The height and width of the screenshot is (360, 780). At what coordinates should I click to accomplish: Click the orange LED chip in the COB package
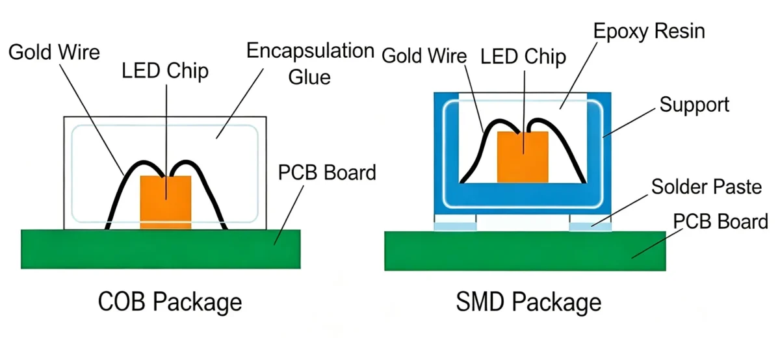coord(166,202)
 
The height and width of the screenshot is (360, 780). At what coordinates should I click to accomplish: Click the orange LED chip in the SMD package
coord(523,157)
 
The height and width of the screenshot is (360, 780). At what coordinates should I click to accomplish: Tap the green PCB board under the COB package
coord(161,249)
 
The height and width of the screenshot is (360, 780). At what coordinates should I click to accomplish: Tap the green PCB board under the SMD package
coord(525,251)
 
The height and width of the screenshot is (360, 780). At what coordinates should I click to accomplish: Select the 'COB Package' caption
coord(170,302)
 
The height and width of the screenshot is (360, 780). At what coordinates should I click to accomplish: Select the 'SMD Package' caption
coord(528,302)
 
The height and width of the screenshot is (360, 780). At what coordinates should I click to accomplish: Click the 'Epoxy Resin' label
coord(649,32)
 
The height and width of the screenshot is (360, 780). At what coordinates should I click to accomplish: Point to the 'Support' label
coord(694,105)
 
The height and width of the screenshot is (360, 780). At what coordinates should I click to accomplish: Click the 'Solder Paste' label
coord(707,186)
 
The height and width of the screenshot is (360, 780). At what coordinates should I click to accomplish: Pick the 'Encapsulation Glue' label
coord(310,64)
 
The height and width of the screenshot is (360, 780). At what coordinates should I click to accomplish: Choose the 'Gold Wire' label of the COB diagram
coord(54,52)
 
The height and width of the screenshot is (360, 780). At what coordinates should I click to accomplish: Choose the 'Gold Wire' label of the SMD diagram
coord(424,56)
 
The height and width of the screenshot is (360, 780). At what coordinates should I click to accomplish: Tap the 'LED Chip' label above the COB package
coord(165,71)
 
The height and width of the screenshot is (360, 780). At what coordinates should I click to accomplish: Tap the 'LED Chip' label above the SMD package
coord(523,57)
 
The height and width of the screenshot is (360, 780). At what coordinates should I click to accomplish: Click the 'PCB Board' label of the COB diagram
coord(327,172)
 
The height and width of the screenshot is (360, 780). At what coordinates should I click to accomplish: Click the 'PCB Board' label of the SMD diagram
coord(720,222)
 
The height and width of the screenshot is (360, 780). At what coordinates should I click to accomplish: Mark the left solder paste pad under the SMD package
coord(455,223)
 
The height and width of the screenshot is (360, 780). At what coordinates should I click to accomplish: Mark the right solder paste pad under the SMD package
coord(590,223)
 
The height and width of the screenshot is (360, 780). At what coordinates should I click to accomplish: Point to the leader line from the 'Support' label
coord(629,123)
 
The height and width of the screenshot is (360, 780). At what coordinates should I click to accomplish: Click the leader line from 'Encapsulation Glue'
coord(240,103)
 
